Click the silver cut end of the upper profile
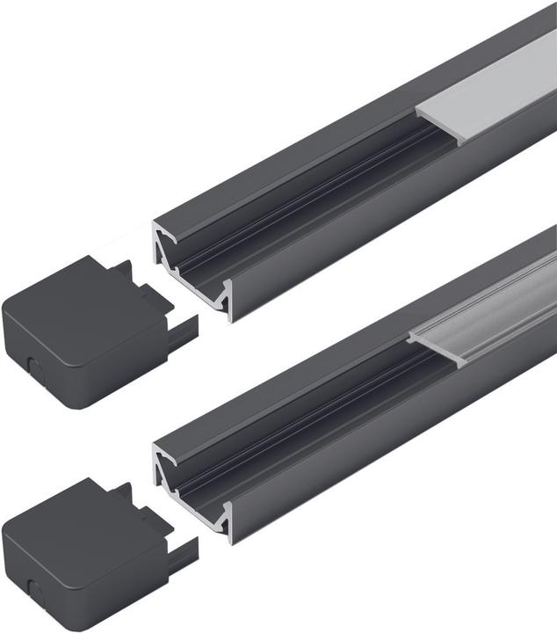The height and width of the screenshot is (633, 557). tap(193, 264)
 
